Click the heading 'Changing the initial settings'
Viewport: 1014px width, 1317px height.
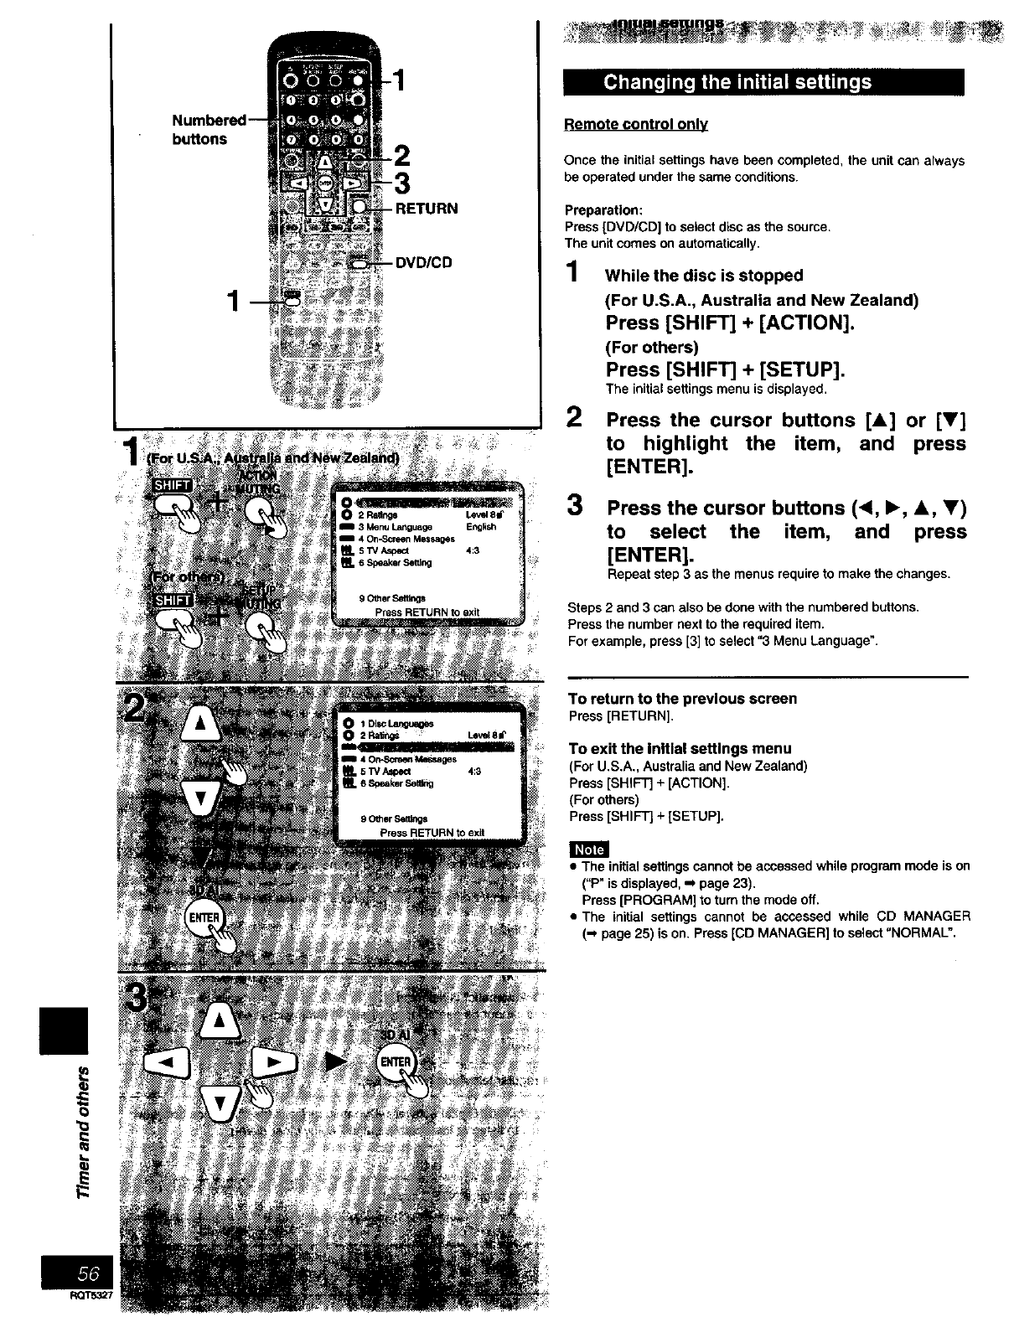tap(737, 82)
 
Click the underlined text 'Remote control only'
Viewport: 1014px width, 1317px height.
tap(637, 124)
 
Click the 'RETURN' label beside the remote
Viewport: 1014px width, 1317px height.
tap(426, 208)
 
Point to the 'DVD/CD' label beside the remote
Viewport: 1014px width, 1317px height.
tap(423, 262)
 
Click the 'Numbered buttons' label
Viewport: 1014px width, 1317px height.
tap(206, 129)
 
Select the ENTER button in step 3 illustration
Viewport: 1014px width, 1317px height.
tap(396, 1062)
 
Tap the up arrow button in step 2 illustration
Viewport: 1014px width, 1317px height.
tap(200, 723)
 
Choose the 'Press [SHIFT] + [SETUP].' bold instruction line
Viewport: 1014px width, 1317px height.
tap(725, 369)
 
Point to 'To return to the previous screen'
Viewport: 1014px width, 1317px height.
tap(682, 698)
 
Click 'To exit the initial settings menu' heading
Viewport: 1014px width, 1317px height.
tap(679, 747)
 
